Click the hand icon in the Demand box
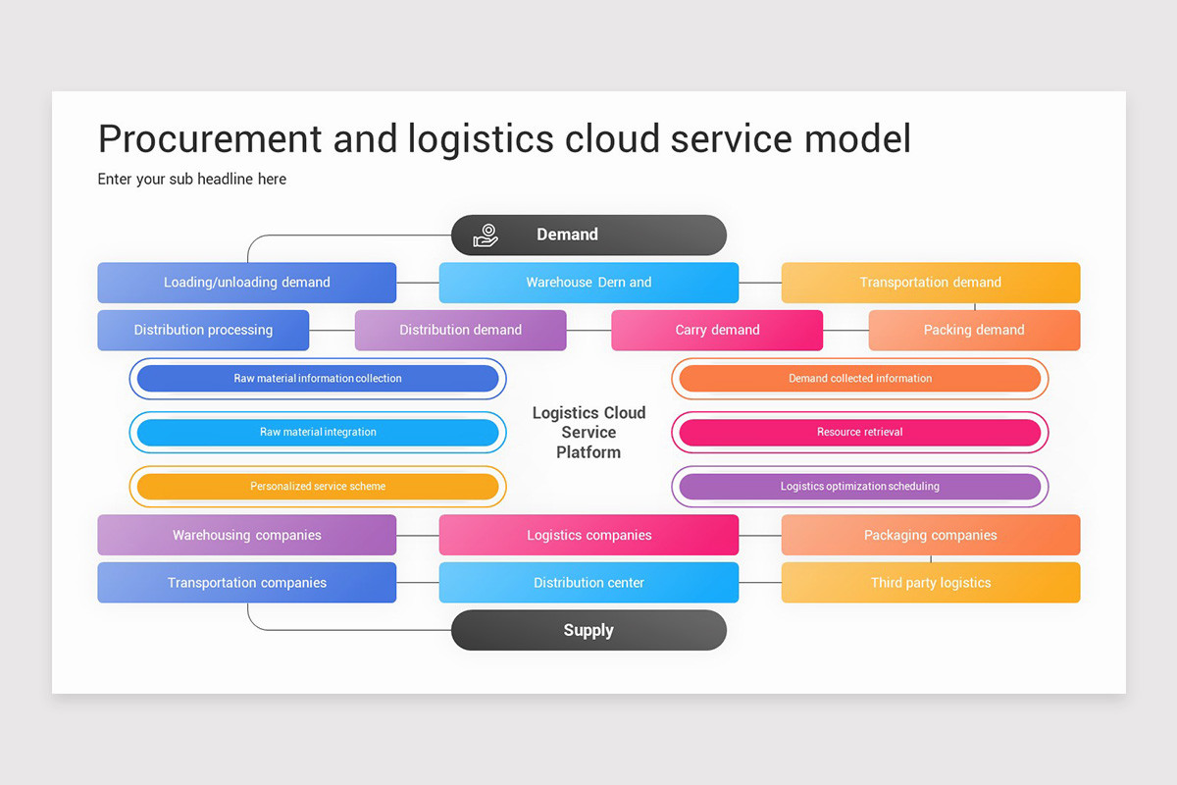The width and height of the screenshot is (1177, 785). (486, 235)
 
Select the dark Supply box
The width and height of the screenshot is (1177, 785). (588, 630)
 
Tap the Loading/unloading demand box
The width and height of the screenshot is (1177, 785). (247, 283)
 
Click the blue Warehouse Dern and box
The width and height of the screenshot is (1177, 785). (588, 283)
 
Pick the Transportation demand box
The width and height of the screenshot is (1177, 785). (930, 283)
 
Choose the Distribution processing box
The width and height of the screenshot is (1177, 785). (203, 331)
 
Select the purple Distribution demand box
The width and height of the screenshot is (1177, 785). (460, 331)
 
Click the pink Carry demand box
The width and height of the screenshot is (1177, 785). (717, 331)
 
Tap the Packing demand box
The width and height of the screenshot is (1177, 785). (974, 331)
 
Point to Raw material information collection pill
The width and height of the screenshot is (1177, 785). (318, 379)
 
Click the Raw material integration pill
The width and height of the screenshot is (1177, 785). (318, 433)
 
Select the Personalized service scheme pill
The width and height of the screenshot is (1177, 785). (318, 487)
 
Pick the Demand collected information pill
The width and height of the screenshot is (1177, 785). (860, 379)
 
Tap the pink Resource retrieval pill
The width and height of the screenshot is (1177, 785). (860, 433)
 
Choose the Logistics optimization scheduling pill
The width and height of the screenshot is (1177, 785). (860, 487)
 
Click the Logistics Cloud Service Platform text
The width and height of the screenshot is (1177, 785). (588, 433)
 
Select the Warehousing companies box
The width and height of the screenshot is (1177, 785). (247, 536)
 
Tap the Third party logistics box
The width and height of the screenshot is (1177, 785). (930, 583)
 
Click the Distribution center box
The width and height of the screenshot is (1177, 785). (588, 583)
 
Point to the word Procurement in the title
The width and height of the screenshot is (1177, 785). (208, 139)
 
